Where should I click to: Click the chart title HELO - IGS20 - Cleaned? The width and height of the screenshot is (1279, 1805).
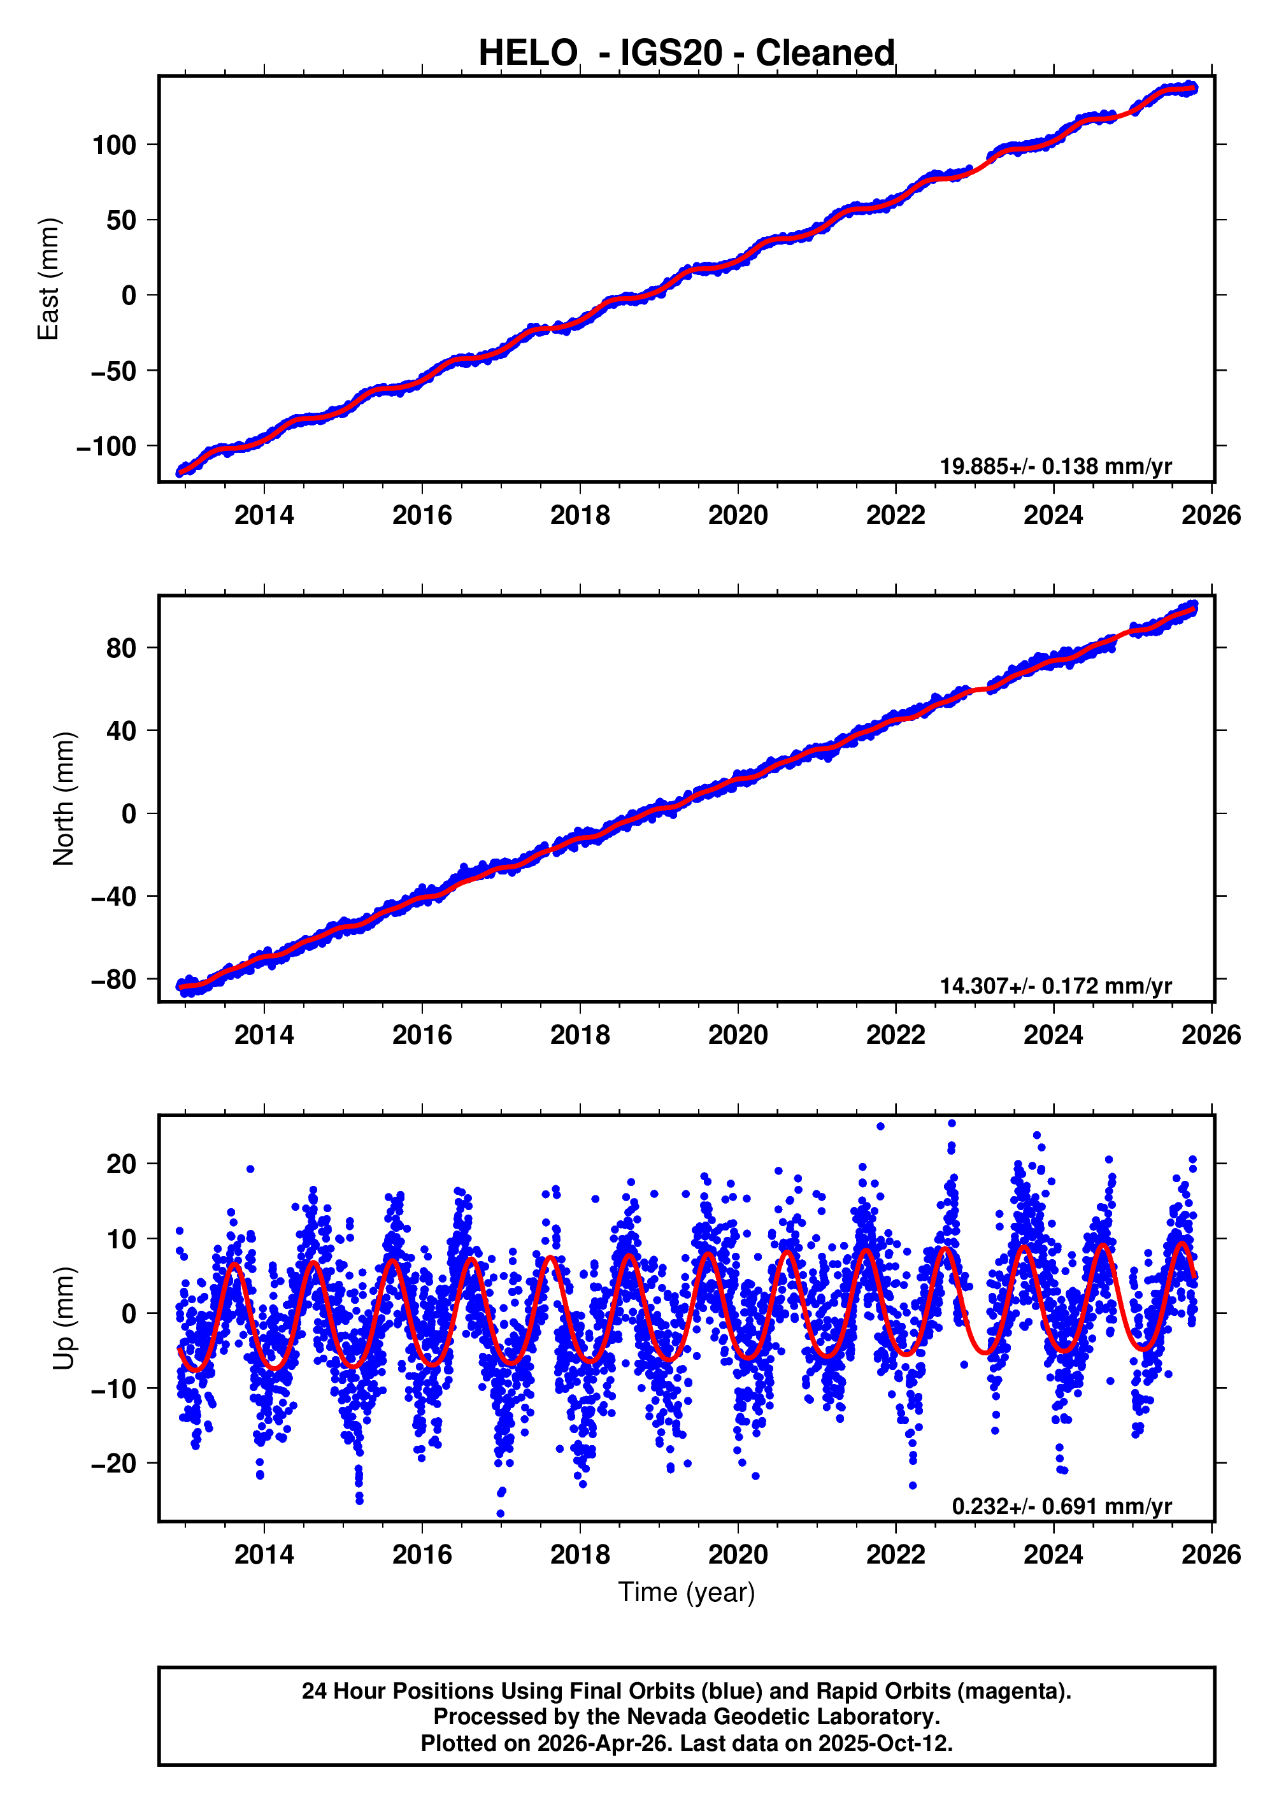686,54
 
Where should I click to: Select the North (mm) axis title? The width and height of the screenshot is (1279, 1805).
64,799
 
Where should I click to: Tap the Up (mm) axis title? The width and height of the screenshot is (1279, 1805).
64,1318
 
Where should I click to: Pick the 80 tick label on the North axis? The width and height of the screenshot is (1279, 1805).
121,648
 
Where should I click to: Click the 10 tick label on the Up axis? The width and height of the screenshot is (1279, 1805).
121,1239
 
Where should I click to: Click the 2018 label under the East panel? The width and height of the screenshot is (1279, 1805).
580,515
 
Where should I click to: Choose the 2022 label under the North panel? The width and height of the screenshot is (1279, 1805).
896,1035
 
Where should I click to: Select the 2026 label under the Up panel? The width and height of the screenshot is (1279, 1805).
1210,1555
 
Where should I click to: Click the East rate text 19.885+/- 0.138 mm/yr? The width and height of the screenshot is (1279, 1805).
1055,466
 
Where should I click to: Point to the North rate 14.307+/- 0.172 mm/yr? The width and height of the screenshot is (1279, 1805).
1055,986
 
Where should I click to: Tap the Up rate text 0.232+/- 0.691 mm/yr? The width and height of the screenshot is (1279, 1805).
1062,1506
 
